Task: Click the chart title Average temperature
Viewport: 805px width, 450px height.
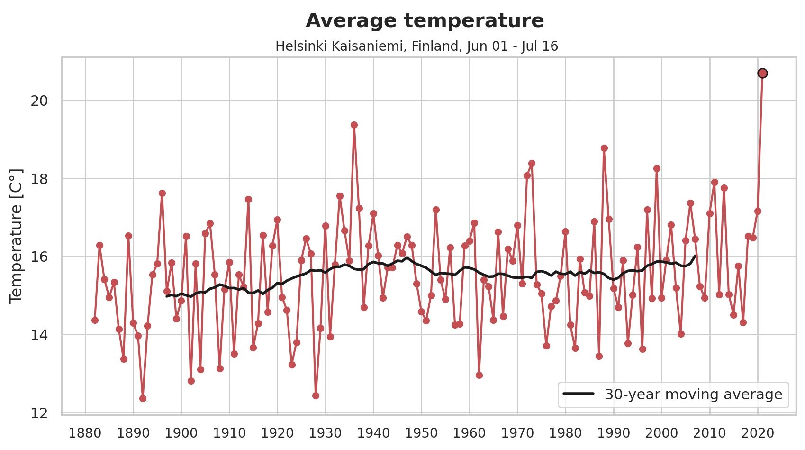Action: coord(425,20)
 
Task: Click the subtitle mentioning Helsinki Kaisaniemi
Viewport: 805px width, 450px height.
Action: coord(416,46)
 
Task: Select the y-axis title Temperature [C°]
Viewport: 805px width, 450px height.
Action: coord(16,236)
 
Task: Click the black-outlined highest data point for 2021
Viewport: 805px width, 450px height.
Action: coord(762,73)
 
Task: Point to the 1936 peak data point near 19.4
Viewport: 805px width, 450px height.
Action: coord(354,125)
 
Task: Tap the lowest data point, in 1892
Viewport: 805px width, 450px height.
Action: coord(143,398)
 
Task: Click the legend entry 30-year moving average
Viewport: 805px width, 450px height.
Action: coord(693,394)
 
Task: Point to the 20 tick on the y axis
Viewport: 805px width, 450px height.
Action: coord(39,101)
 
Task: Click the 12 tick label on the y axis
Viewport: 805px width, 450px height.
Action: coord(39,413)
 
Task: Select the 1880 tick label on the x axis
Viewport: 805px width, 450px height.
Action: coord(85,433)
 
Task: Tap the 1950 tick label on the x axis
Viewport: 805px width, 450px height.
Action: coord(421,433)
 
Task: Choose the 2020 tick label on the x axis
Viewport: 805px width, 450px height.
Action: coord(758,433)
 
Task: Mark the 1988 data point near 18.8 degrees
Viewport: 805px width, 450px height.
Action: coord(604,148)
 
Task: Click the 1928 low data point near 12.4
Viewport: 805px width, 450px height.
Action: coord(316,395)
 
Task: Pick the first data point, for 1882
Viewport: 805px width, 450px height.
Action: coord(95,320)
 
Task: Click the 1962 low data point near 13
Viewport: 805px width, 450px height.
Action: coord(479,375)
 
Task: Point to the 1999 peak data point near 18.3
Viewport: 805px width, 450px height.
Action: coord(657,168)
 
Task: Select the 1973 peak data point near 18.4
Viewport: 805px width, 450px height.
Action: coord(532,163)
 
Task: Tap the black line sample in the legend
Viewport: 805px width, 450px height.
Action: coord(578,394)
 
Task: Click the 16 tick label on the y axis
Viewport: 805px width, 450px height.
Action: coord(39,257)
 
